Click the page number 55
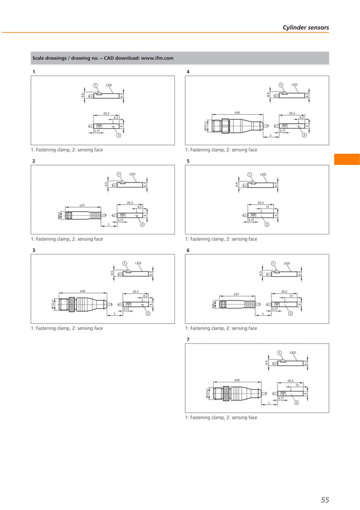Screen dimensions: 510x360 [324, 499]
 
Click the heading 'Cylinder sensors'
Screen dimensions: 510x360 [306, 27]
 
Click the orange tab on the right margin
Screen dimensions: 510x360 [346, 159]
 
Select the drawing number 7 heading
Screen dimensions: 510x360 [188, 339]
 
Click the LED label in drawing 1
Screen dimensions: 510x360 [108, 85]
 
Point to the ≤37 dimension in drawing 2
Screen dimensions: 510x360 [82, 205]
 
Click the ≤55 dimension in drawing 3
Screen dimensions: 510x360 [82, 291]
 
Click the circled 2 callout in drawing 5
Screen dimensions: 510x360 [267, 225]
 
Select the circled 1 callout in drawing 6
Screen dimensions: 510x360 [273, 263]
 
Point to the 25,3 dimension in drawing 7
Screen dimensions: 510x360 [291, 381]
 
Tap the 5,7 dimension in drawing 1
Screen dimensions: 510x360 [96, 130]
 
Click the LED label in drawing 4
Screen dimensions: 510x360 [294, 85]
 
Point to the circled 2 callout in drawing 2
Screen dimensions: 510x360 [142, 225]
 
